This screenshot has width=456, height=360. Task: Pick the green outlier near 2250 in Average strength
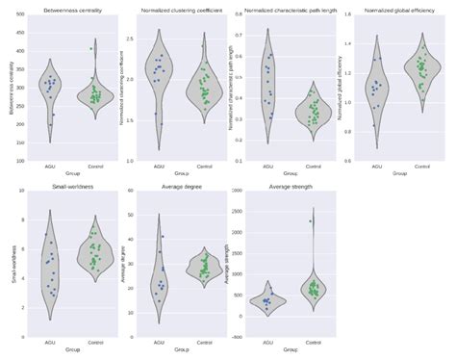tap(310, 221)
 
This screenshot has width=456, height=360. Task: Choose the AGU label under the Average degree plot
tap(159, 340)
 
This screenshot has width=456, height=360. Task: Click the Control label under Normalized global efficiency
tap(421, 167)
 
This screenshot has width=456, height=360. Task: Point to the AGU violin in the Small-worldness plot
tap(50, 265)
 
